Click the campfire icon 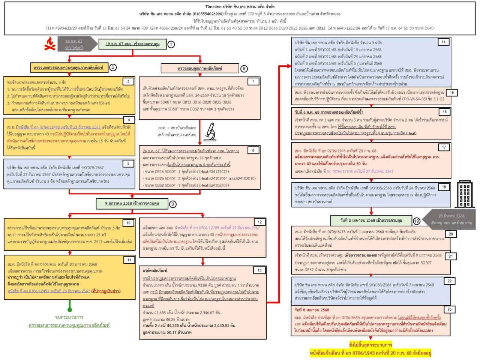[x=50, y=44]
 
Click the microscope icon [x=210, y=132]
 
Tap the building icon [x=465, y=194]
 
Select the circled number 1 [x=171, y=44]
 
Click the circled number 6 [x=244, y=68]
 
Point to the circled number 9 [x=172, y=204]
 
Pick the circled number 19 [x=416, y=220]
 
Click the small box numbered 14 [x=443, y=42]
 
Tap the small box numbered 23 [x=450, y=309]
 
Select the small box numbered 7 [x=253, y=81]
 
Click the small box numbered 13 [x=259, y=270]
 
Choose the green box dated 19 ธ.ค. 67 [x=132, y=44]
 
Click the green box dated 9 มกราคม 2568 [x=132, y=204]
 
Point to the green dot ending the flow [x=69, y=309]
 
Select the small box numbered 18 [x=444, y=187]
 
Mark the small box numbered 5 [x=128, y=163]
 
